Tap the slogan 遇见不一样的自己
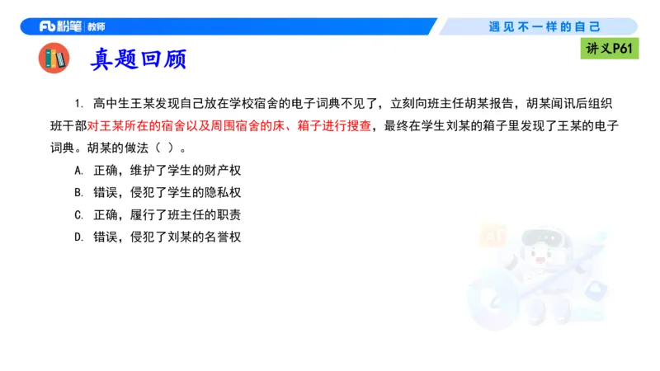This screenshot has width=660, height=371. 544,26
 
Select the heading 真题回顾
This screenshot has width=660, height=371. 139,59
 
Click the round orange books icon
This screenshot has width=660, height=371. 55,59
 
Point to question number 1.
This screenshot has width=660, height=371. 79,104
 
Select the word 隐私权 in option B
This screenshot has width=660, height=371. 222,193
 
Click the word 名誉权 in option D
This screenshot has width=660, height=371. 222,237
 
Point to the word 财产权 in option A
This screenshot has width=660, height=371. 222,171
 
